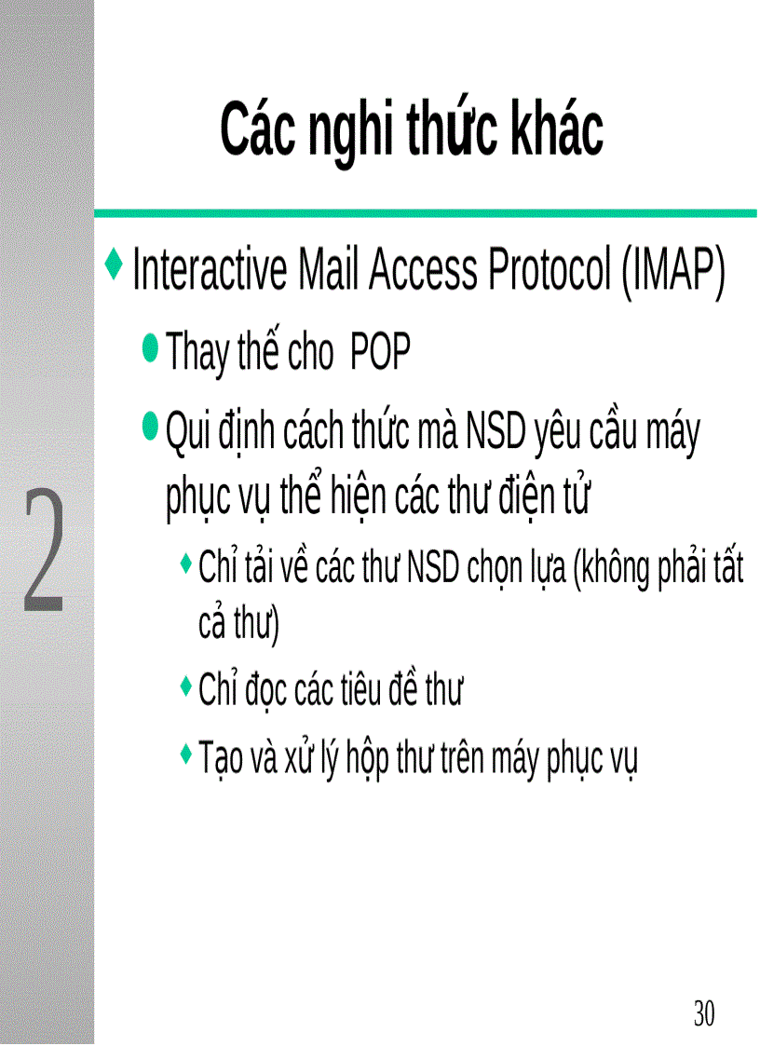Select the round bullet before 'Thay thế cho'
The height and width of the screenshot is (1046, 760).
click(x=150, y=348)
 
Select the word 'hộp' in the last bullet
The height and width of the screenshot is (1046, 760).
click(x=365, y=760)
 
